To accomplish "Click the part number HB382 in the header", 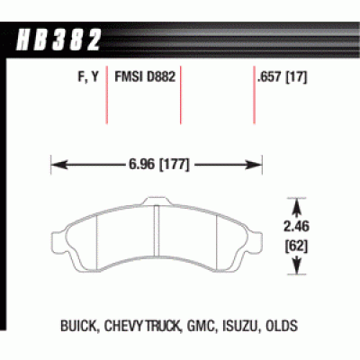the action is (58, 40).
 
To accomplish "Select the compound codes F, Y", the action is (88, 77).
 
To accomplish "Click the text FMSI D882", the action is (145, 76).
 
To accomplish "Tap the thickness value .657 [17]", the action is (282, 77).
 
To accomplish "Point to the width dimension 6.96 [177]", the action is (159, 165).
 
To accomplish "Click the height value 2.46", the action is (296, 227).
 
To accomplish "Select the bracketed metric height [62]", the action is (296, 247).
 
